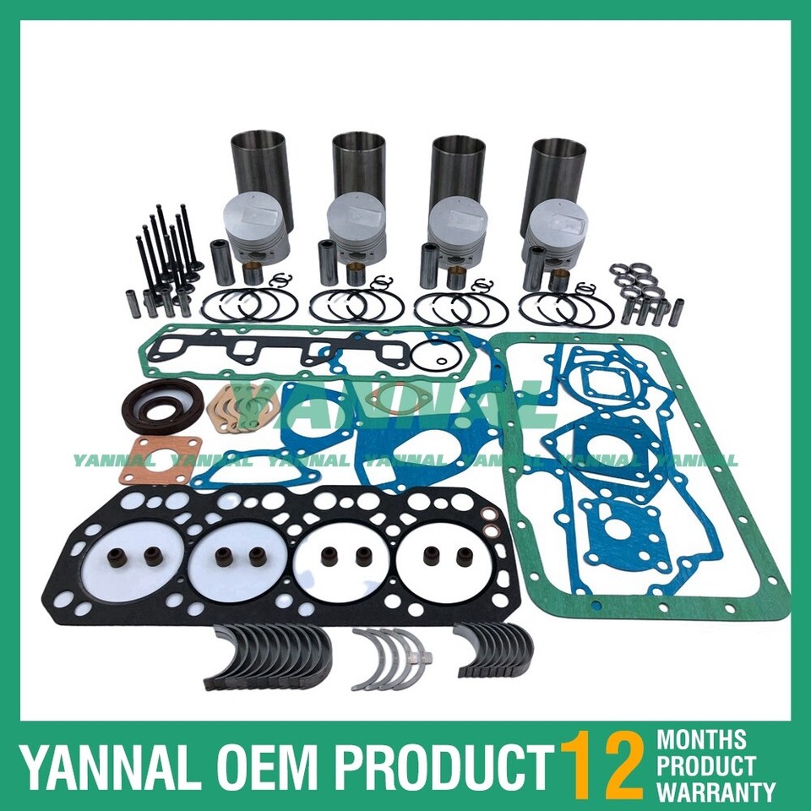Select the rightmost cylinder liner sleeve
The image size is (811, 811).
pos(553,173)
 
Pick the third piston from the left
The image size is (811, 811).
pos(453,228)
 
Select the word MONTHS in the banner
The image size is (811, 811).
pos(702,740)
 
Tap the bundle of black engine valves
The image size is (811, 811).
pos(164,253)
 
